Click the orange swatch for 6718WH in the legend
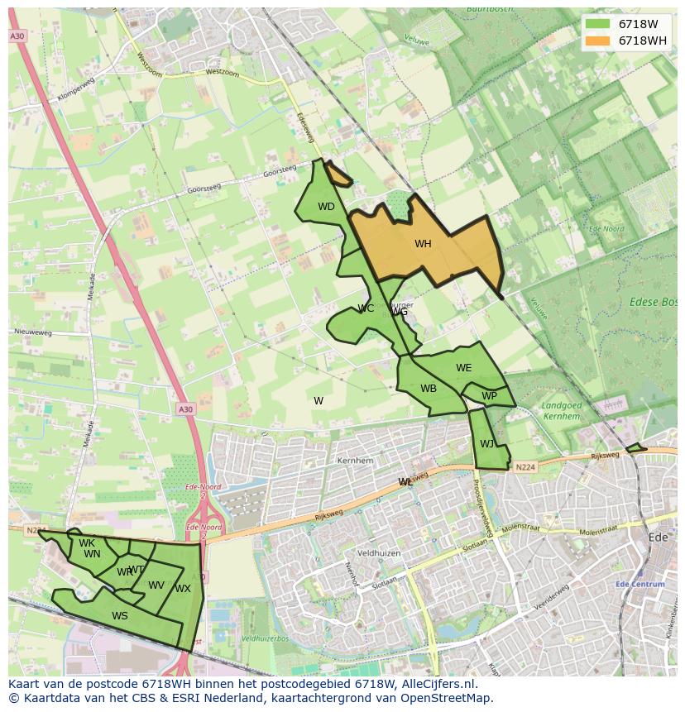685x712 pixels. coord(597,41)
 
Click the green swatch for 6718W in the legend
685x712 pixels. coord(597,24)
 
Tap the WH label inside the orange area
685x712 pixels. coord(423,244)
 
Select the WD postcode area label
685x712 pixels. coord(326,207)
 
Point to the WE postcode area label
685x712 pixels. coord(463,368)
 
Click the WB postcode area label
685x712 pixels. coord(428,389)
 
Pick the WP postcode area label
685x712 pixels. coord(489,396)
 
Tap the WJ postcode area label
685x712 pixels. coord(486,444)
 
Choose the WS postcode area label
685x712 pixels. coord(120,615)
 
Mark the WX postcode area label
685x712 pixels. coord(183,589)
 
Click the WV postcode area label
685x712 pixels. coord(156,585)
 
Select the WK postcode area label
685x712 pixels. coord(87,543)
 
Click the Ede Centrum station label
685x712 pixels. coord(640,584)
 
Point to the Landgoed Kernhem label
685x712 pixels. coord(561,411)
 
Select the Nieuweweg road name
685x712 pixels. coord(33,332)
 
